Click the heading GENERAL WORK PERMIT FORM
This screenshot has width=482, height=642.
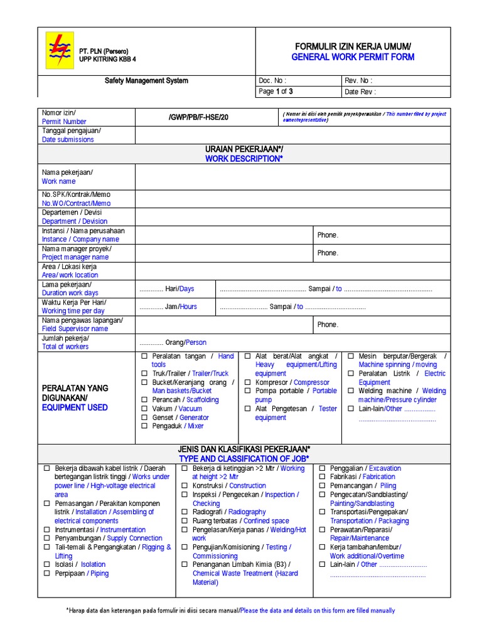click(353, 57)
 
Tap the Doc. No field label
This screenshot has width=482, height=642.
click(273, 81)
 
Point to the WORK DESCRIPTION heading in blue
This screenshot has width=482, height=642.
click(244, 159)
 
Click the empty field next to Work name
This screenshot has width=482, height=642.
click(292, 177)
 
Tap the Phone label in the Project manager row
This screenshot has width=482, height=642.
click(328, 253)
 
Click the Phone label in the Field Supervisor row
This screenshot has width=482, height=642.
click(328, 325)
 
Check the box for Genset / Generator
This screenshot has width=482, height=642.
click(144, 418)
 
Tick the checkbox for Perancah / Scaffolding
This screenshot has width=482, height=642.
click(144, 400)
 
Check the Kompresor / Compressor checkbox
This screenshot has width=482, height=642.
click(247, 382)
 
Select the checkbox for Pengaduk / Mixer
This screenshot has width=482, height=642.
click(144, 426)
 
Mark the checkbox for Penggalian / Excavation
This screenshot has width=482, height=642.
click(322, 468)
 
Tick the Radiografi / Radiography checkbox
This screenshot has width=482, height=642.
click(184, 512)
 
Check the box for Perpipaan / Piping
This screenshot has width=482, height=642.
click(46, 574)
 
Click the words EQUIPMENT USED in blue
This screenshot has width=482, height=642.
click(75, 408)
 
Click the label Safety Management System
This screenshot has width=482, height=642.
click(146, 81)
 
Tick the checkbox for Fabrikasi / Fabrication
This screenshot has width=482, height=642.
click(322, 477)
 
